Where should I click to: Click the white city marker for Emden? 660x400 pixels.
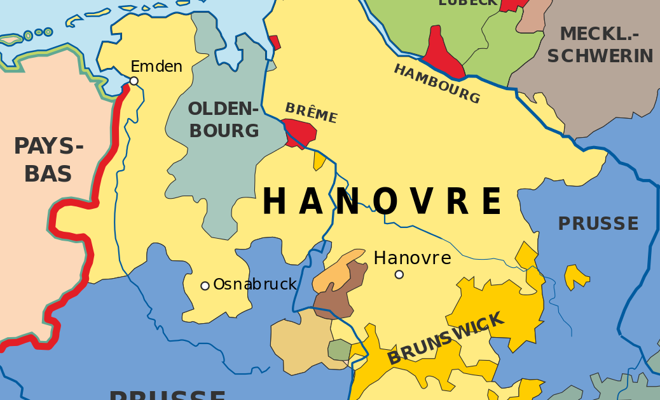(134, 81)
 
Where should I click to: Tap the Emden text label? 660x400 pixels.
(156, 66)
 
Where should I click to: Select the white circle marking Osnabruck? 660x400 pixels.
(205, 286)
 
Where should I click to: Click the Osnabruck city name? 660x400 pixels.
(255, 284)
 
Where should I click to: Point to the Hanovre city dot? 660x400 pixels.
(399, 274)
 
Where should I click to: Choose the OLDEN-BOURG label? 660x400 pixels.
(224, 119)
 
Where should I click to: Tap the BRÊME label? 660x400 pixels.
(311, 113)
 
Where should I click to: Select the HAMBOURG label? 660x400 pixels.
(437, 84)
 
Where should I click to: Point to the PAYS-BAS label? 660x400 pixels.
(48, 159)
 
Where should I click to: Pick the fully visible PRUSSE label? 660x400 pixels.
(598, 223)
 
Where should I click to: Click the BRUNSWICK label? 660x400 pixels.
(445, 338)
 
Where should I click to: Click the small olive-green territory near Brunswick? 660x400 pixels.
(339, 350)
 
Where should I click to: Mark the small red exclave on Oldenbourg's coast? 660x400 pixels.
(275, 43)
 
